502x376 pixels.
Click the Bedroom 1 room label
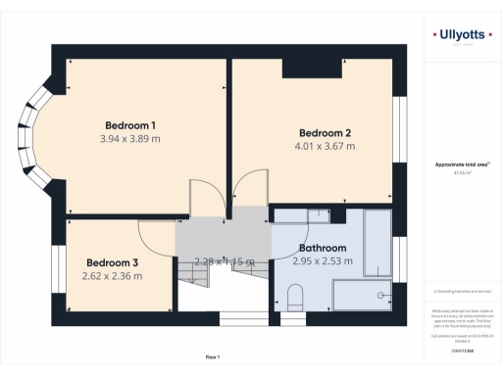click(130, 125)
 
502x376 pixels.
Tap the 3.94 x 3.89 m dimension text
click(130, 139)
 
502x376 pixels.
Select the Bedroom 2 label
click(325, 133)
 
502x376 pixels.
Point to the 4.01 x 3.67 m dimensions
click(325, 147)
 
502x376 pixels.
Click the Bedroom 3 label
click(113, 262)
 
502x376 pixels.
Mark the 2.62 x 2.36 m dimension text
click(113, 276)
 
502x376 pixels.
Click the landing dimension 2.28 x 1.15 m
click(224, 261)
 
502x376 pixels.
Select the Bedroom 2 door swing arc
click(251, 186)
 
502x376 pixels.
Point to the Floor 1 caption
click(213, 357)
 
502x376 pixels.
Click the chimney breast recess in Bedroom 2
click(312, 67)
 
